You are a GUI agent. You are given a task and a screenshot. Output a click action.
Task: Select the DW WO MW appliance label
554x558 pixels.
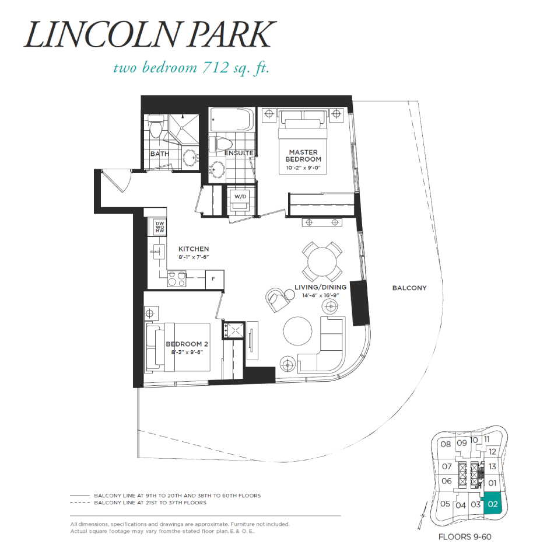click(160, 227)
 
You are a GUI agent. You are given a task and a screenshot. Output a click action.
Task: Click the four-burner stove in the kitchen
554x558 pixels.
click(177, 278)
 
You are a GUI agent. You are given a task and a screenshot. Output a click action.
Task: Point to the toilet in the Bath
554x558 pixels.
click(155, 127)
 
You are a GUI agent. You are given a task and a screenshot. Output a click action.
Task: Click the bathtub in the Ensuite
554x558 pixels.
click(232, 119)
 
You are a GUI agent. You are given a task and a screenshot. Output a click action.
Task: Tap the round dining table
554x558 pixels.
click(322, 262)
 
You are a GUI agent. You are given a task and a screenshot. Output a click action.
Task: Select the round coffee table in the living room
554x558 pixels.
click(297, 330)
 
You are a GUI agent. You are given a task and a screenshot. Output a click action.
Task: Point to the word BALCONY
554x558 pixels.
click(409, 288)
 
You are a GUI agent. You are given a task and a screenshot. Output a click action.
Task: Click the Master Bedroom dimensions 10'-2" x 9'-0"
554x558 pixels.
click(303, 168)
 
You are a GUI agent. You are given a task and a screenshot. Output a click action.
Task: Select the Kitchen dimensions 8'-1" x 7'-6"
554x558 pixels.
click(194, 257)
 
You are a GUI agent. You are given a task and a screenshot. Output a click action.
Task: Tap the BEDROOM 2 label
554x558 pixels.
click(187, 344)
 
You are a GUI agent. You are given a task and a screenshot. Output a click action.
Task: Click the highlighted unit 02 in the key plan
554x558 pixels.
click(493, 504)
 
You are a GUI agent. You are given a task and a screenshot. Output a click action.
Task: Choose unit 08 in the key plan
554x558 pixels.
click(446, 444)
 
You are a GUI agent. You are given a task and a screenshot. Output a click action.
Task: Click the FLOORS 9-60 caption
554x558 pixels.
click(465, 537)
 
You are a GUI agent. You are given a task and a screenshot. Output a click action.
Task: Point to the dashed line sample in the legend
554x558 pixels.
click(80, 503)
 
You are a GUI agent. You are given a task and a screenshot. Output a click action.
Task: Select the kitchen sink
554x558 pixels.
click(157, 252)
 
